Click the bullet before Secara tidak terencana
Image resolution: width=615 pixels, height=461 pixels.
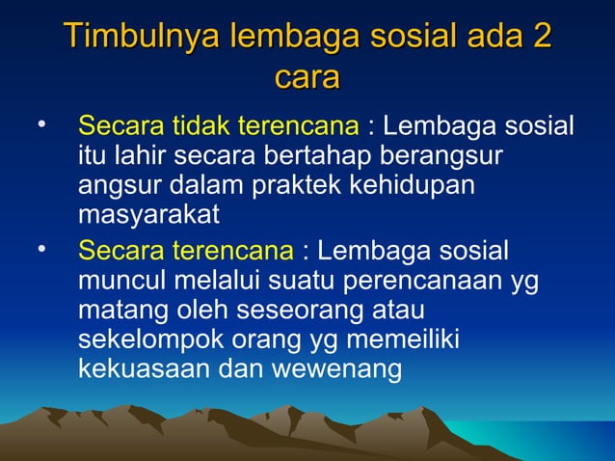click(40, 124)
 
